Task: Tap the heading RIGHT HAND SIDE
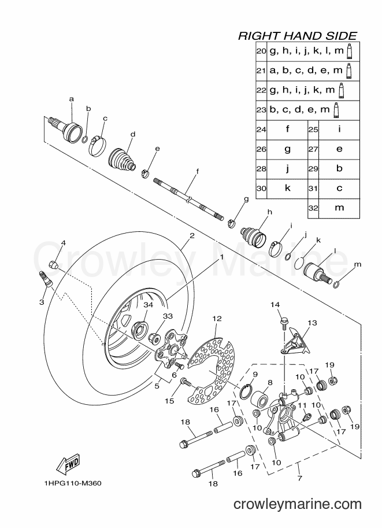[298, 36]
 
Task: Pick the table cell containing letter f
[287, 130]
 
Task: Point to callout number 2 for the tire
[192, 236]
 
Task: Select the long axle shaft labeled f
[188, 199]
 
